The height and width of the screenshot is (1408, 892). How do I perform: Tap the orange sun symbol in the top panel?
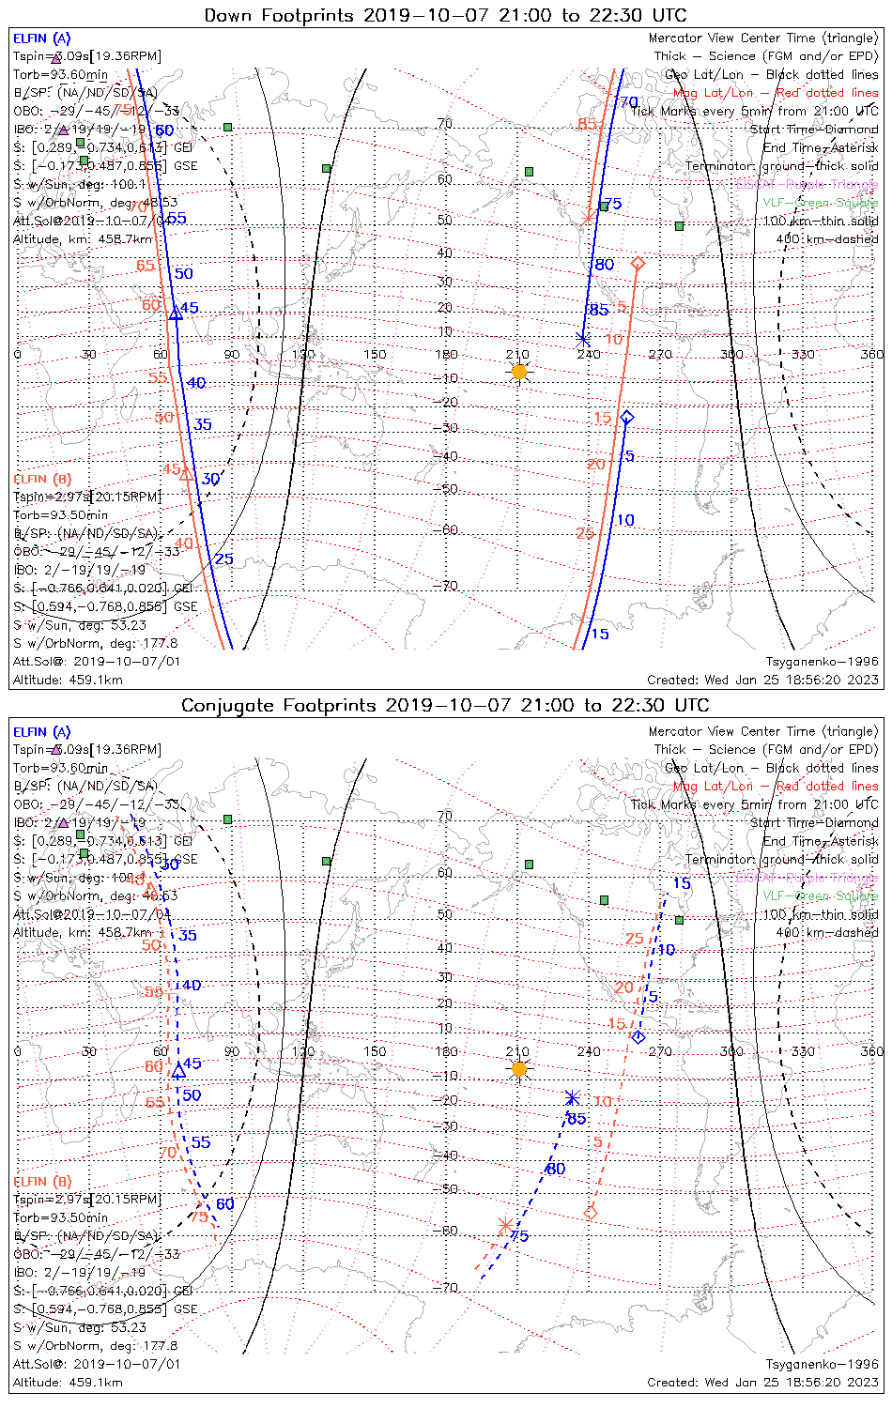pos(519,372)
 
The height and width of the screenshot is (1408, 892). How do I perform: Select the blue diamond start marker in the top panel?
pos(627,417)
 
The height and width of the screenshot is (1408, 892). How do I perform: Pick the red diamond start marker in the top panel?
pos(638,264)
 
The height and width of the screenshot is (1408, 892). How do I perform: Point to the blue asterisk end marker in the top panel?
pos(583,339)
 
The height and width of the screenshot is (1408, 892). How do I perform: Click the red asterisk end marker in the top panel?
pos(588,219)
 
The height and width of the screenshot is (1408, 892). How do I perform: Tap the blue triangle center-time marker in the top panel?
pos(176,313)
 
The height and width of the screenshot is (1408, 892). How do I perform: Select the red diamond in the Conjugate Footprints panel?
pos(591,1213)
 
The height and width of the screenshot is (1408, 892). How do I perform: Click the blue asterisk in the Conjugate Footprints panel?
pos(572,1098)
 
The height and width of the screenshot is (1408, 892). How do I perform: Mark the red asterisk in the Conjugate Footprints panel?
pos(505,1225)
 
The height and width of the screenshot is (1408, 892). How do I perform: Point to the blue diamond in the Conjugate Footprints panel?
pos(638,1037)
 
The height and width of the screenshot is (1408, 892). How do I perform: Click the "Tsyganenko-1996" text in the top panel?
pos(822,662)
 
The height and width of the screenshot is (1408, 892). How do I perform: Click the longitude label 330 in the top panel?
pos(803,354)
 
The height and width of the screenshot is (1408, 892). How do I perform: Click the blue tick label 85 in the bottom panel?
pos(577,1118)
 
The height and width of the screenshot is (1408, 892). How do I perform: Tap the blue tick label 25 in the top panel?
pos(223,559)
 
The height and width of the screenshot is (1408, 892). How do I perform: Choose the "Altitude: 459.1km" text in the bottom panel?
pos(68,1382)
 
